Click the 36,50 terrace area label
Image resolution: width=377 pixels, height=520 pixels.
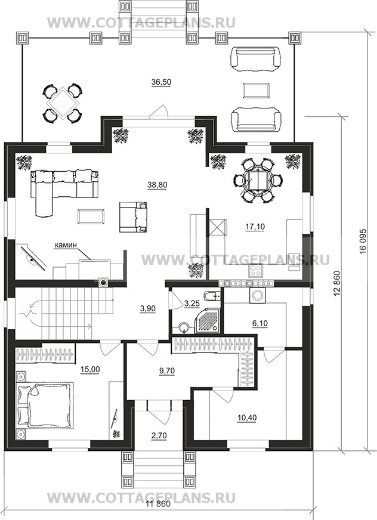[161, 82]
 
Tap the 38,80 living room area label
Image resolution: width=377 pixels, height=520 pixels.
[157, 185]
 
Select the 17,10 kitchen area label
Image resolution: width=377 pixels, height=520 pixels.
[255, 227]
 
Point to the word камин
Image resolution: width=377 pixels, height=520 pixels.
[66, 244]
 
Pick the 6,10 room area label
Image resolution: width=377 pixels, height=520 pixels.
[260, 323]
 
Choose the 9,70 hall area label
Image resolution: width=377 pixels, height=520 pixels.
[167, 370]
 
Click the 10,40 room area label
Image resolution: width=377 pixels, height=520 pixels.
[247, 417]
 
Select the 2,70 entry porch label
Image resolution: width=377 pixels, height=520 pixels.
[159, 436]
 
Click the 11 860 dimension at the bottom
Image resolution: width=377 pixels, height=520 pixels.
[158, 513]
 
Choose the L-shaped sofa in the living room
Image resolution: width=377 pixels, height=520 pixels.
[63, 188]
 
